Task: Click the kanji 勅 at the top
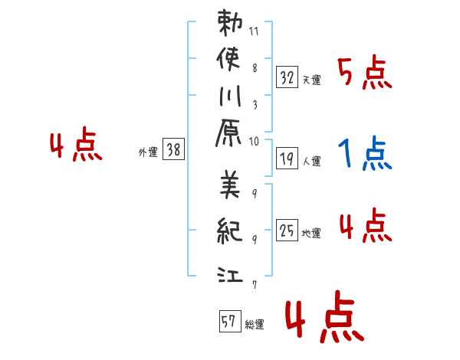230,23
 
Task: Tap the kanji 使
228,59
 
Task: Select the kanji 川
230,96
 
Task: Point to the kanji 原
228,133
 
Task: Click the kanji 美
230,185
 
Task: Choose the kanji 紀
230,231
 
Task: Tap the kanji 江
230,274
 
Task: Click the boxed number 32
287,77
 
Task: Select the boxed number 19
287,159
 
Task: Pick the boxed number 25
287,230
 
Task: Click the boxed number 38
173,149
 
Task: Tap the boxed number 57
230,321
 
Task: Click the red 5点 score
365,72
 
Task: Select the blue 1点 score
365,152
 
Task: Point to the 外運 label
148,152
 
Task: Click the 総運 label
255,324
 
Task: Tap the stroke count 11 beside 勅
254,31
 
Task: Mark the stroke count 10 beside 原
254,142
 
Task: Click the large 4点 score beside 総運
324,316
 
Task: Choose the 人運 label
311,162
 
